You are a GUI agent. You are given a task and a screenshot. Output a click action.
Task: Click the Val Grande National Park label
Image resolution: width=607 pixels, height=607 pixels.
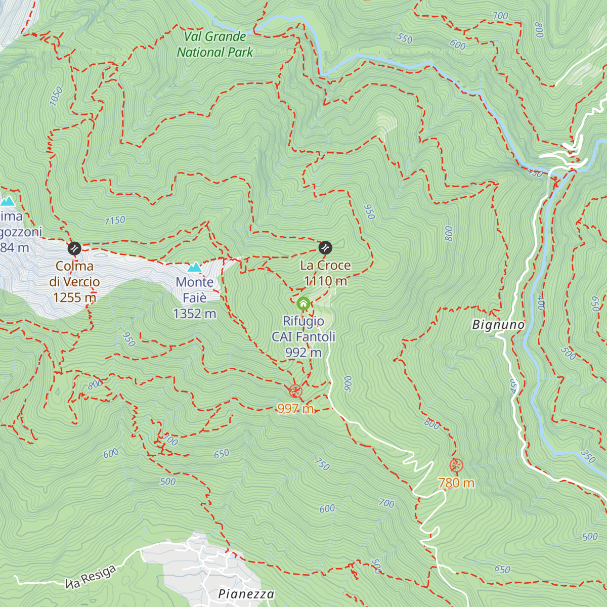(214, 44)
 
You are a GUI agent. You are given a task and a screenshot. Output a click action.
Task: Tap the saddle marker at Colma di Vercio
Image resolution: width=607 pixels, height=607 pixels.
(74, 248)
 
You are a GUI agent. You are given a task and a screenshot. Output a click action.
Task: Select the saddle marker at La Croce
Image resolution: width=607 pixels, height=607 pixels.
(325, 247)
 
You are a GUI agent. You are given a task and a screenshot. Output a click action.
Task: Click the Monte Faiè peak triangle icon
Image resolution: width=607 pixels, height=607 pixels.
(195, 267)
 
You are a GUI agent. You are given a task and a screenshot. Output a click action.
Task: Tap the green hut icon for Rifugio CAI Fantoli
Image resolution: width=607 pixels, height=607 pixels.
(303, 303)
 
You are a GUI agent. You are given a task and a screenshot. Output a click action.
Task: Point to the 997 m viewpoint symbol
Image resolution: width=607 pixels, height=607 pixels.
(295, 391)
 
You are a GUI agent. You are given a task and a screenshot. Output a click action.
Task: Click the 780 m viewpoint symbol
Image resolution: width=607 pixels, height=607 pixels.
(456, 465)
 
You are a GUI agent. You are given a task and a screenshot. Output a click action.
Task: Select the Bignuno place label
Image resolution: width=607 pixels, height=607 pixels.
(498, 325)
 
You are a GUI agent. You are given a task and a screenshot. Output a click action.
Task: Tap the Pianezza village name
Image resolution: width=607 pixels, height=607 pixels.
(246, 594)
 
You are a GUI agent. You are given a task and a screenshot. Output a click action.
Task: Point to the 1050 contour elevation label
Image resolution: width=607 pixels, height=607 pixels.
(56, 96)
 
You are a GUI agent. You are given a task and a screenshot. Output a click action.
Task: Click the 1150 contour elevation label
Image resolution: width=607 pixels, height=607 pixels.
(115, 221)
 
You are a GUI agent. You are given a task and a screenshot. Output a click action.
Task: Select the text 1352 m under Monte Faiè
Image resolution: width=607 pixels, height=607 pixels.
(195, 314)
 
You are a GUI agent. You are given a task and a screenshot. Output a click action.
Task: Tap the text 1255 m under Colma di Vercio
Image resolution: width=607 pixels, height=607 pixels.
(74, 297)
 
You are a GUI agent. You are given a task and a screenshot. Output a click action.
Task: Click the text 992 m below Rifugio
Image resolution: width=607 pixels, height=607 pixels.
(303, 353)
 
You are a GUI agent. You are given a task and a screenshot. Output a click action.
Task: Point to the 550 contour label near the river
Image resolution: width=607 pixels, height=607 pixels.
(405, 38)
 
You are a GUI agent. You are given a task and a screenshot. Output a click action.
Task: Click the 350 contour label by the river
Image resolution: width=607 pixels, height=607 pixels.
(588, 456)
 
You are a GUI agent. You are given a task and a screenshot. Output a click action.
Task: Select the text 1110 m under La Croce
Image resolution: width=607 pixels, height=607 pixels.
(325, 281)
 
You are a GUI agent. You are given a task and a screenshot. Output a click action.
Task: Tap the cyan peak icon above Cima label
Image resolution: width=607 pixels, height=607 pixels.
(7, 201)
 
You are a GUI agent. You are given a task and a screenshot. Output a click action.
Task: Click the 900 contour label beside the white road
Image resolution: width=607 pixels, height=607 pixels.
(348, 383)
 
